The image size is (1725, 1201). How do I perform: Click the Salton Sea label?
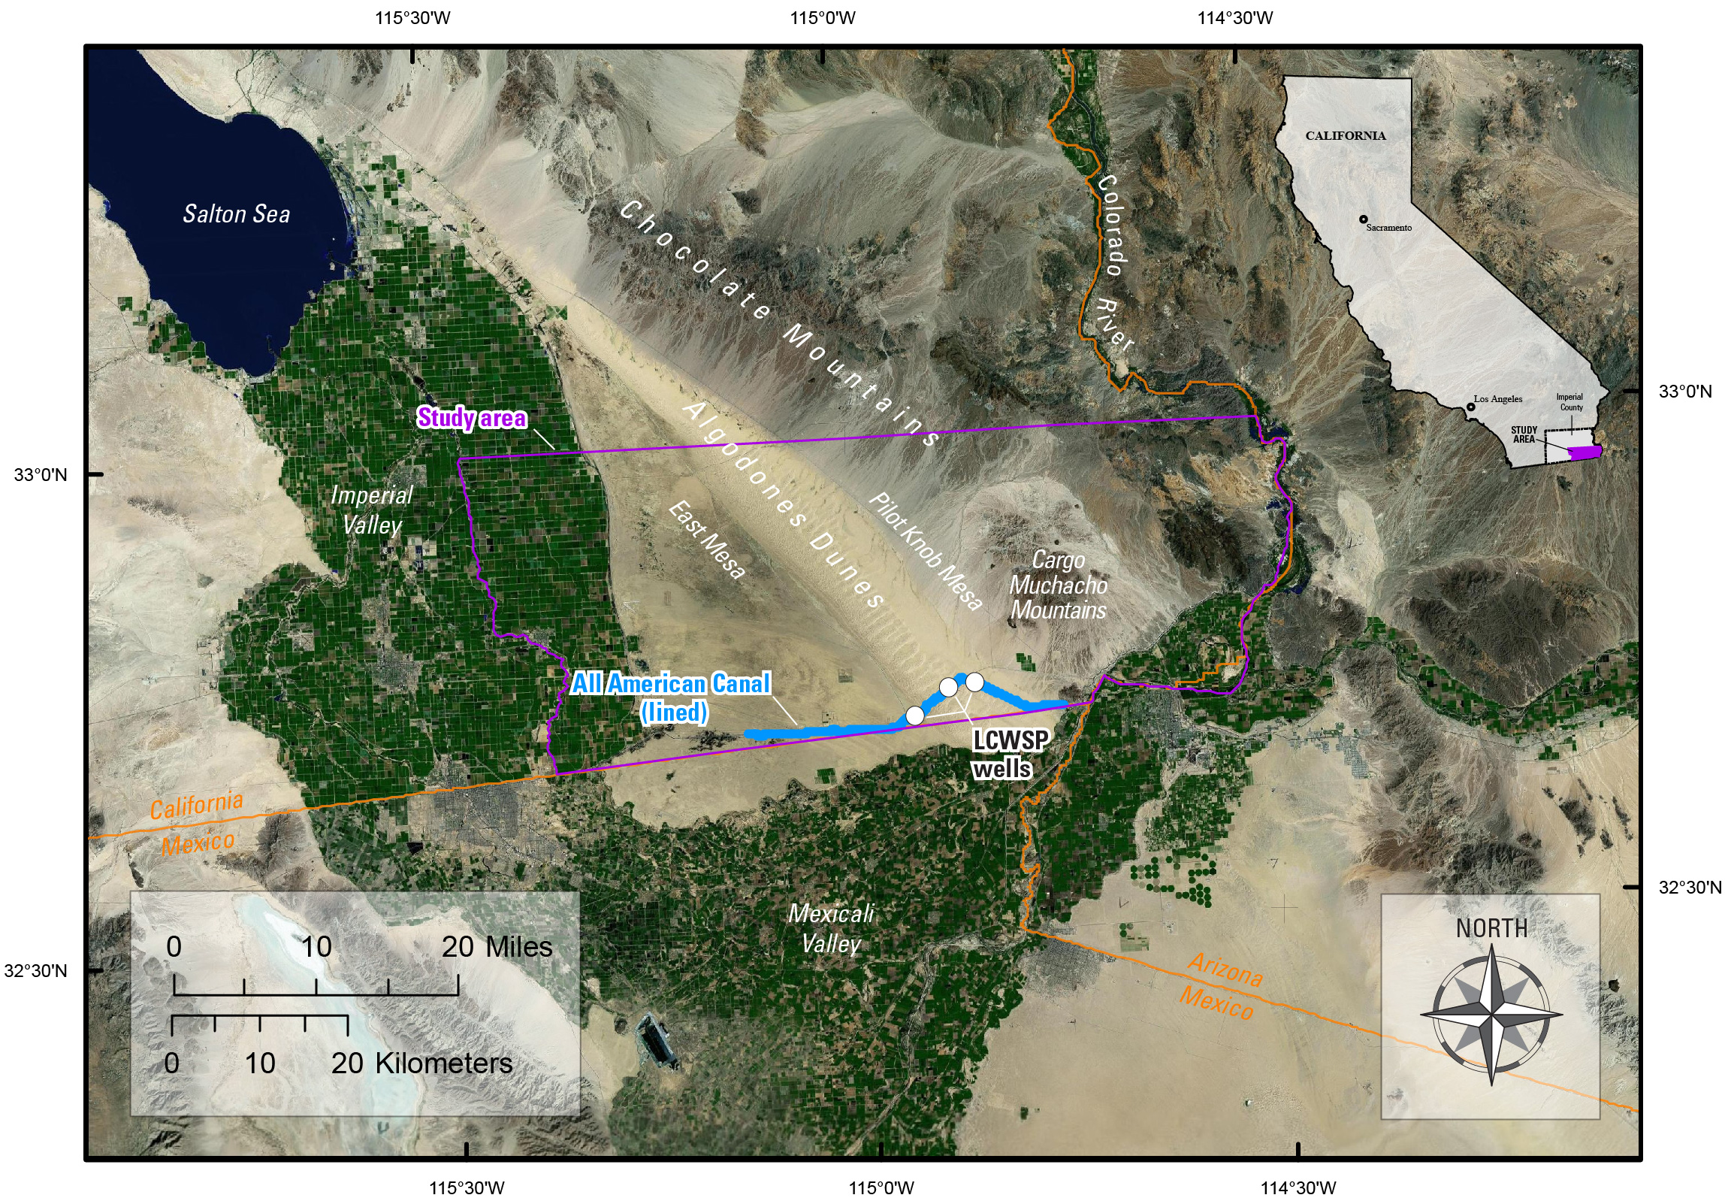click(237, 214)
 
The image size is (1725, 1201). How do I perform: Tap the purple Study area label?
click(472, 418)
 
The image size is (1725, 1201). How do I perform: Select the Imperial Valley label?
click(372, 510)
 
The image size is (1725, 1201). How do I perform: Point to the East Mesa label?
click(707, 540)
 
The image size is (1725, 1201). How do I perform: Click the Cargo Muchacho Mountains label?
click(1058, 585)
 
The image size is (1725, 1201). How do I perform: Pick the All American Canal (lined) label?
click(672, 697)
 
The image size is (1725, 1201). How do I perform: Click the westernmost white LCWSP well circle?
click(914, 715)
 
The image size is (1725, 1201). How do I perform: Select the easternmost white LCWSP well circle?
click(974, 682)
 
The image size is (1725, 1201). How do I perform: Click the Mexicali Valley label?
click(831, 928)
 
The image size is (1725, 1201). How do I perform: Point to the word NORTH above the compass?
click(1491, 929)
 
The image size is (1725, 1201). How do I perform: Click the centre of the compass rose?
click(1491, 1015)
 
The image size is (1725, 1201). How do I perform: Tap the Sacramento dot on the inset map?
click(1363, 219)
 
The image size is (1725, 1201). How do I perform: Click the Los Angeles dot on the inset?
click(1470, 407)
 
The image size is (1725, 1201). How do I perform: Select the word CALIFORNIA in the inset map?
click(1346, 136)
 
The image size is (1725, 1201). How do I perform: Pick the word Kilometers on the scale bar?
click(443, 1063)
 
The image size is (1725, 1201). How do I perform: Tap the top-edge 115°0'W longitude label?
click(823, 18)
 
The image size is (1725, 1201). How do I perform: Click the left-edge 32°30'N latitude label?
click(35, 971)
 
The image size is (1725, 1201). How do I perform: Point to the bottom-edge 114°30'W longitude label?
click(1298, 1188)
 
